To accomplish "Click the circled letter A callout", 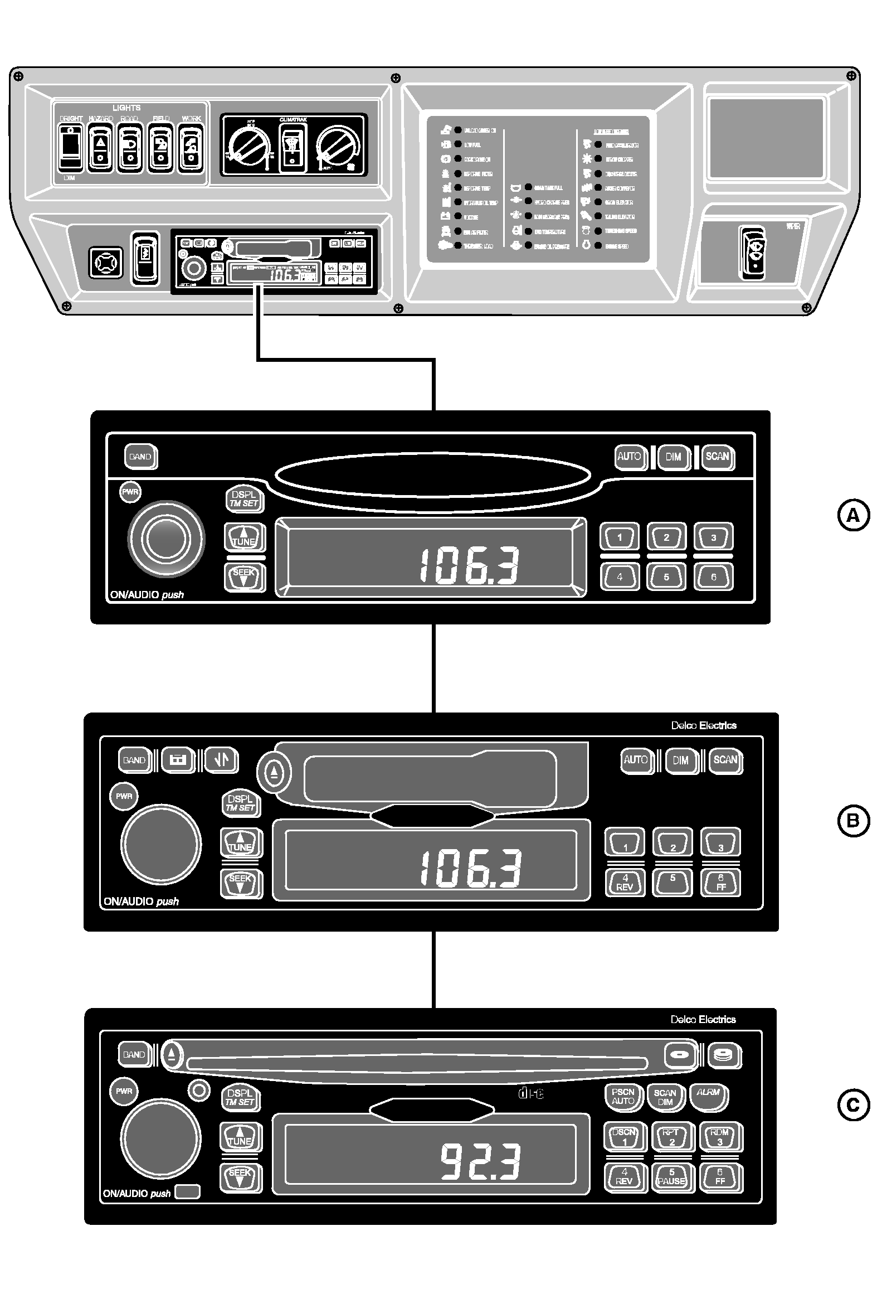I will click(854, 516).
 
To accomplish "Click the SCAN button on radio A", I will click(717, 457).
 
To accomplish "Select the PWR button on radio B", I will click(124, 796).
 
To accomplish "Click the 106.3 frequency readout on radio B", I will click(471, 868).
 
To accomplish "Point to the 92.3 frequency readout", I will click(480, 1161).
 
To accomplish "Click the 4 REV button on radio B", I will click(625, 883).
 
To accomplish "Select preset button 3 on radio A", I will click(713, 537).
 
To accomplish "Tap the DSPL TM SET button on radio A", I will click(244, 498).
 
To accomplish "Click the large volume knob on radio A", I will click(166, 539).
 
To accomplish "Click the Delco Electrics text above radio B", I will click(703, 725).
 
